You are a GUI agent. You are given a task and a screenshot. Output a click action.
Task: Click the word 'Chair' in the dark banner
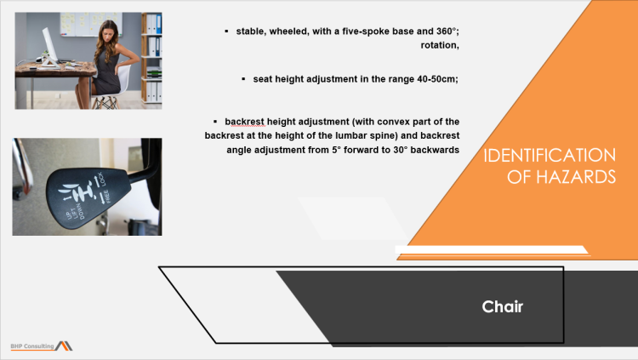click(502, 306)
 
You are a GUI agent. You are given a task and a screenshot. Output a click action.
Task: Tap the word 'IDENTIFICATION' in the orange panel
click(549, 156)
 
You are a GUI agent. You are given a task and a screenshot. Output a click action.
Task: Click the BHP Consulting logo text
click(32, 346)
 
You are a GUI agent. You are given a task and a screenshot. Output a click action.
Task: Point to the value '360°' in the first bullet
click(443, 31)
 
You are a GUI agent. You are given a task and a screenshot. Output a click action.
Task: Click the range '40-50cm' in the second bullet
click(436, 78)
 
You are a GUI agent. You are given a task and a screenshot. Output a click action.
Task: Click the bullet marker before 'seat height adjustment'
click(243, 78)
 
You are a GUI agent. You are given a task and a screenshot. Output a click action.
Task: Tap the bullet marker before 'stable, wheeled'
click(226, 31)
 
